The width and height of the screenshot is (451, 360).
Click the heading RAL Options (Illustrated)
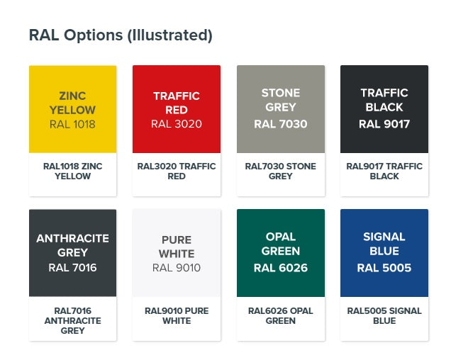tap(121, 35)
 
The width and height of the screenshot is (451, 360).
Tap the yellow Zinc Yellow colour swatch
tap(73, 109)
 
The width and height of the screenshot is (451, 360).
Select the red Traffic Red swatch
tap(177, 109)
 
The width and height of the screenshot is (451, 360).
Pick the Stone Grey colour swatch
tap(281, 109)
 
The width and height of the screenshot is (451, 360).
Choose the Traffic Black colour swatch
tap(384, 109)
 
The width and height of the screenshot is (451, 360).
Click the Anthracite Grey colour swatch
tap(73, 253)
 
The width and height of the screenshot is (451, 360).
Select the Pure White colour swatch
tap(177, 253)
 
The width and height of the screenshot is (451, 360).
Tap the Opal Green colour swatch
tap(281, 253)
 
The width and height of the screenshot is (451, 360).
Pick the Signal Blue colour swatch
tap(384, 253)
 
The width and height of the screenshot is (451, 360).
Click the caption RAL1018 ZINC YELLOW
tap(73, 171)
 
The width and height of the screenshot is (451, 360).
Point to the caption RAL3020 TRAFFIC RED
tap(177, 171)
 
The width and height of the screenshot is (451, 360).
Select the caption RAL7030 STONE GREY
tap(281, 171)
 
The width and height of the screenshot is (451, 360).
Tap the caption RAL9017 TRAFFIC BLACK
tap(384, 171)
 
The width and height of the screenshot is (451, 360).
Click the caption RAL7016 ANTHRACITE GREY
tap(73, 320)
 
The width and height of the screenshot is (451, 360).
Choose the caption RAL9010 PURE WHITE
tap(177, 316)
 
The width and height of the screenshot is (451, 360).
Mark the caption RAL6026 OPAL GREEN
tap(281, 316)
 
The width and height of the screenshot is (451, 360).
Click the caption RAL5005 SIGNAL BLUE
tap(384, 316)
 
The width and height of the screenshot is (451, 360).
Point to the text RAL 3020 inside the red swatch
tap(177, 124)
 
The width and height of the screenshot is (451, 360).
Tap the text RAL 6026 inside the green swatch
tap(281, 268)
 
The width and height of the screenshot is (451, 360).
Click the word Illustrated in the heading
tap(169, 35)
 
